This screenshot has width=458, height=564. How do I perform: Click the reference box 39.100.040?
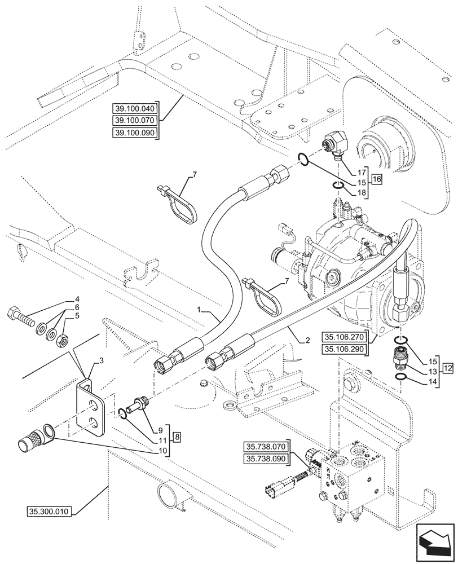click(x=136, y=108)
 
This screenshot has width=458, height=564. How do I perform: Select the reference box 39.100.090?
click(x=136, y=133)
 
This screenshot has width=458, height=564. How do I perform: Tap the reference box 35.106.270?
click(x=345, y=337)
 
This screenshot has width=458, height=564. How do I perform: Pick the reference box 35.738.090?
click(x=266, y=458)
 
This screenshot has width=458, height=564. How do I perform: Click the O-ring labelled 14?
click(x=399, y=377)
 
